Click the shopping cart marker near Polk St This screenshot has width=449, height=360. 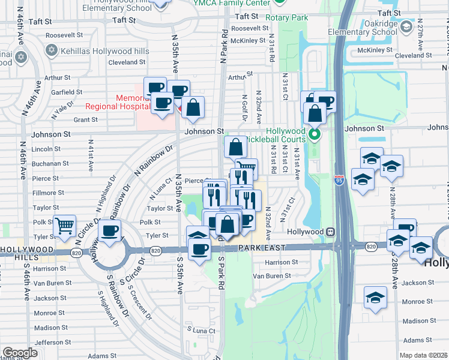click(x=64, y=226)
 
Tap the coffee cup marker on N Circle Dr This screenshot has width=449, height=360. click(x=109, y=230)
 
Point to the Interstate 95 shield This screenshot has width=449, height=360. click(x=339, y=178)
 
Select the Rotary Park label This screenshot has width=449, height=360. click(x=287, y=18)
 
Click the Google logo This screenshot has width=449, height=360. click(x=20, y=352)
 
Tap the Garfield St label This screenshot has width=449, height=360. click(x=67, y=92)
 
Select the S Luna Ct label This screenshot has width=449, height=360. click(x=200, y=330)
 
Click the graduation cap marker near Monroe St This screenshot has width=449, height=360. click(x=375, y=297)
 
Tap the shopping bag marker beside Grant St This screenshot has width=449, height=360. click(x=193, y=108)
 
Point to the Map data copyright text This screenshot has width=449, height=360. click(x=423, y=355)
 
